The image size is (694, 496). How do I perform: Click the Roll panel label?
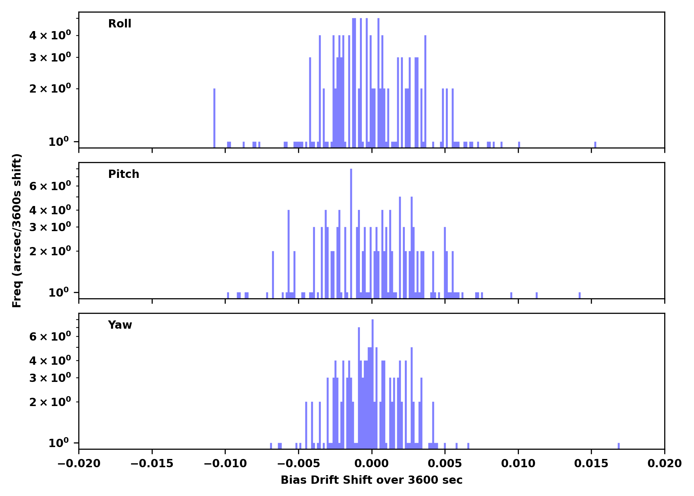(x=120, y=24)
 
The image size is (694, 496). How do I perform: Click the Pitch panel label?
(x=124, y=174)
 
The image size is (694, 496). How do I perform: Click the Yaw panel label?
(x=120, y=325)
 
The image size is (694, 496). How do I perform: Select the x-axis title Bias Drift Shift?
(x=371, y=480)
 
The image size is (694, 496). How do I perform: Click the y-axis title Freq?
(x=17, y=230)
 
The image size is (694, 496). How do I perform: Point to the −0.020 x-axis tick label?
(x=79, y=464)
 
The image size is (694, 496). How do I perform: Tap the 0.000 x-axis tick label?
(x=371, y=464)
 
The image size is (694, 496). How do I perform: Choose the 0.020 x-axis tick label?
(x=664, y=464)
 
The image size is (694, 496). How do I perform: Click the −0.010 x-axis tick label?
(x=225, y=464)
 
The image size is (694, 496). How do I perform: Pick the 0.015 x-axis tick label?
(x=591, y=464)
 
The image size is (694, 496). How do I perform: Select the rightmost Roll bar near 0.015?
(x=595, y=145)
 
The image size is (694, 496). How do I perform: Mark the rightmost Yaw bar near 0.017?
(x=619, y=446)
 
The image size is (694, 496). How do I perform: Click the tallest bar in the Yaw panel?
(x=372, y=384)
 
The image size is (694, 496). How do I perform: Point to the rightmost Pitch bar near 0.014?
(x=580, y=295)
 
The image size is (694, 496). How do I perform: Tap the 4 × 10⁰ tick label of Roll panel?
(x=50, y=35)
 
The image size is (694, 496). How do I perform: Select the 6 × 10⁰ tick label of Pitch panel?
(x=50, y=186)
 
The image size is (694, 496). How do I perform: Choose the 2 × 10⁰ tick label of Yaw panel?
(x=50, y=402)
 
